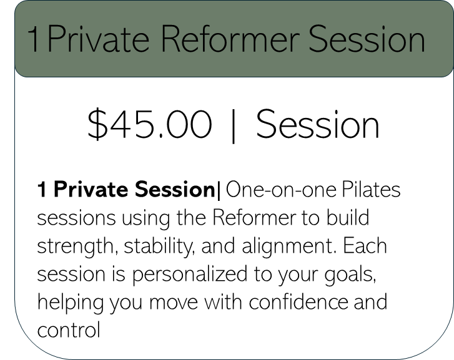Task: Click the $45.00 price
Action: [149, 124]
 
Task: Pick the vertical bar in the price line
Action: [234, 127]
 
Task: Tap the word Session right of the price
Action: [318, 124]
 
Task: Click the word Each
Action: [364, 246]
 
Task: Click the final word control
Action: [69, 330]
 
